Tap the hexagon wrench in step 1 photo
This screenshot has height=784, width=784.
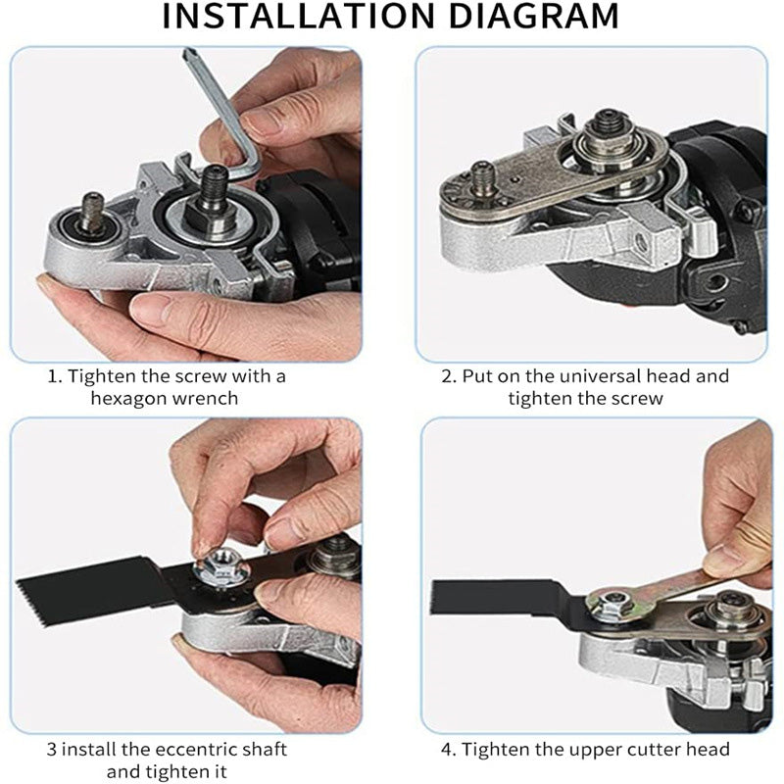point(211,108)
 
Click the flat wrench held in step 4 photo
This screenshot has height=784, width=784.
point(676,583)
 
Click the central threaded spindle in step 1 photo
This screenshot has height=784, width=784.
point(215,185)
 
